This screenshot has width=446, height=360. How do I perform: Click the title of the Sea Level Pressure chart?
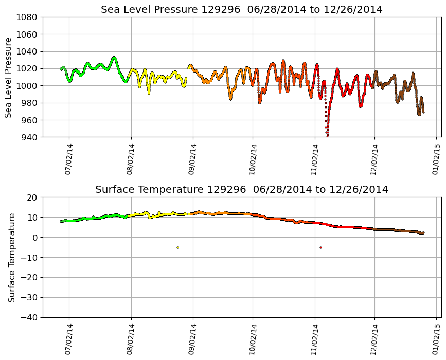(242, 10)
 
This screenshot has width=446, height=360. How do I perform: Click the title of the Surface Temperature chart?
(242, 190)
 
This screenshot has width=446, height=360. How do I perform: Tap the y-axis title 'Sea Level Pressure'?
(8, 77)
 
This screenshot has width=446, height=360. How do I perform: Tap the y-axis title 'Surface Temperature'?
(11, 257)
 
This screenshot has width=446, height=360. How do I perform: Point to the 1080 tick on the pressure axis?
(26, 17)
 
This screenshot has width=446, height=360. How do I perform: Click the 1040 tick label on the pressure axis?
(26, 51)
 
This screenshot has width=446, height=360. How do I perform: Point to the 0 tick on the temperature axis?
(35, 238)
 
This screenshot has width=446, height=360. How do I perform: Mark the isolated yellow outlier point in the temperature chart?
(177, 247)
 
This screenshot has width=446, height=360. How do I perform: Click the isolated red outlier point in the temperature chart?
(320, 247)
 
